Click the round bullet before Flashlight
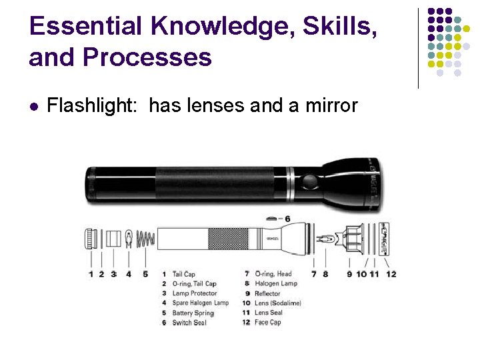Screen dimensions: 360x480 click(34, 106)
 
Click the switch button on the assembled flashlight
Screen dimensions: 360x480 click(309, 181)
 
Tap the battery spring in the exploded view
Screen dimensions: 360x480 click(145, 238)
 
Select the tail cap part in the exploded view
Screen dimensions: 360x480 click(91, 239)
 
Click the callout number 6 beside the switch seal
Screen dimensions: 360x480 click(287, 219)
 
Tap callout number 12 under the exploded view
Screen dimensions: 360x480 click(391, 274)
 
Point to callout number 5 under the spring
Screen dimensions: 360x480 click(145, 274)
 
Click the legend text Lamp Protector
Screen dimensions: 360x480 click(195, 293)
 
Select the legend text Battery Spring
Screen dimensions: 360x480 click(193, 313)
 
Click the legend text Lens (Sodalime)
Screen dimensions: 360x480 click(278, 303)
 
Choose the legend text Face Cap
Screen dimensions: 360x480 click(268, 323)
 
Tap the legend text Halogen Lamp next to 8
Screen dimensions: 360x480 click(276, 284)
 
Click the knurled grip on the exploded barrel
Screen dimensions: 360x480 click(229, 239)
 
